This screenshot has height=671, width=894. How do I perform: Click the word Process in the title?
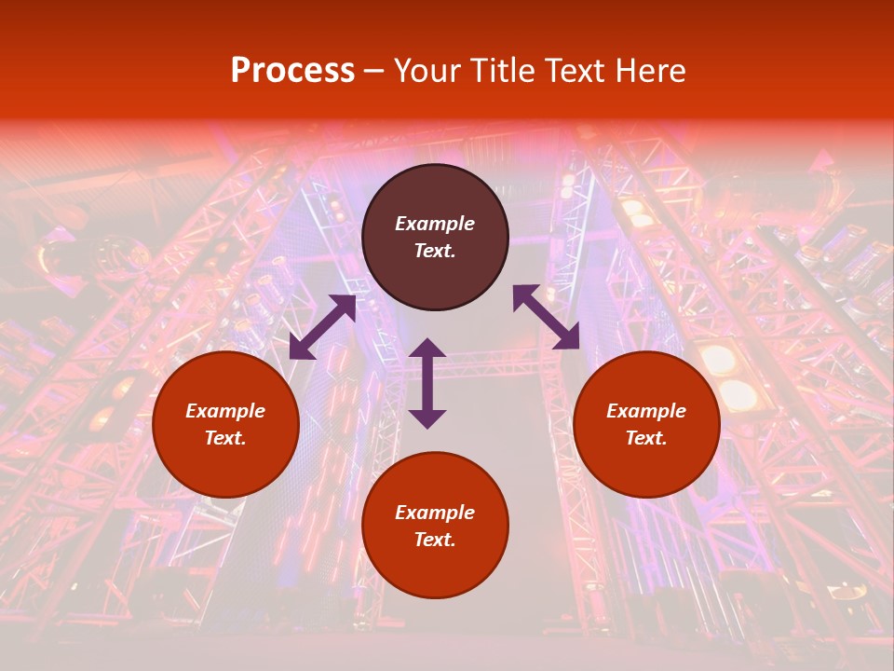292,71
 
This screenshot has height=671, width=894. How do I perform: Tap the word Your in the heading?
427,71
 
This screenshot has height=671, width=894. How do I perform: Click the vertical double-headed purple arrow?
427,383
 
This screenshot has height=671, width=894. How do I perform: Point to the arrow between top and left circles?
322,327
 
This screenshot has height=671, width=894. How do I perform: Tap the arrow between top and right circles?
547,317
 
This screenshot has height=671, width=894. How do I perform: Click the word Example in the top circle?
435,224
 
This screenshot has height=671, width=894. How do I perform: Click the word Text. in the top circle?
435,251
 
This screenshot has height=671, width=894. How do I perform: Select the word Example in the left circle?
225,411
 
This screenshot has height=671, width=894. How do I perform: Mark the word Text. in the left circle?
225,438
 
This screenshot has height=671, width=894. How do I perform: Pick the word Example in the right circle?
646,411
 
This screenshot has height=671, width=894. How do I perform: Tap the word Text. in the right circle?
646,438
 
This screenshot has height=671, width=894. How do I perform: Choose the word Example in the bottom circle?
435,513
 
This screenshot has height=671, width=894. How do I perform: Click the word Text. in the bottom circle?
435,540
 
